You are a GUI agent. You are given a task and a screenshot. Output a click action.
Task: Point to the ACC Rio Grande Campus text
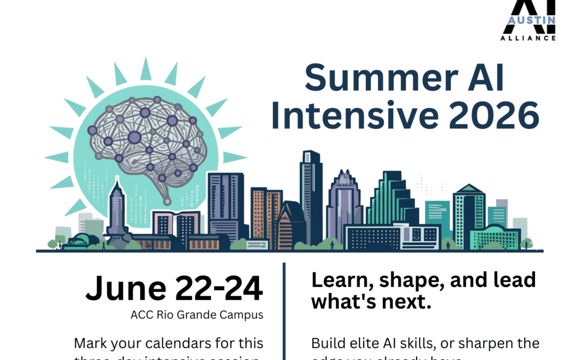[x=197, y=315]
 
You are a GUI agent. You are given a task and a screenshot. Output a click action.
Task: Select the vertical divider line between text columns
[x=284, y=309]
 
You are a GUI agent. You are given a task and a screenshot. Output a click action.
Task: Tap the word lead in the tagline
[x=511, y=280]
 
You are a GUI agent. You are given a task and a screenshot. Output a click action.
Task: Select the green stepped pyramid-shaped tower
[x=393, y=200]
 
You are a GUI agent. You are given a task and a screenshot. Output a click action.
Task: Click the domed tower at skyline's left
[x=117, y=211]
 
